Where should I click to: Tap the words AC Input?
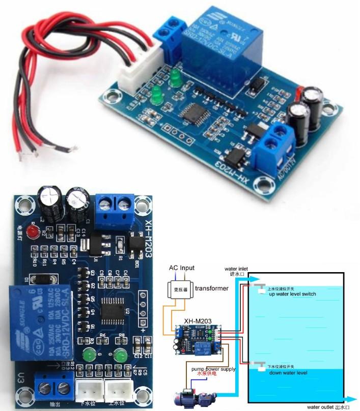(x=181, y=268)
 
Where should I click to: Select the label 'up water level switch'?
(x=292, y=294)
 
